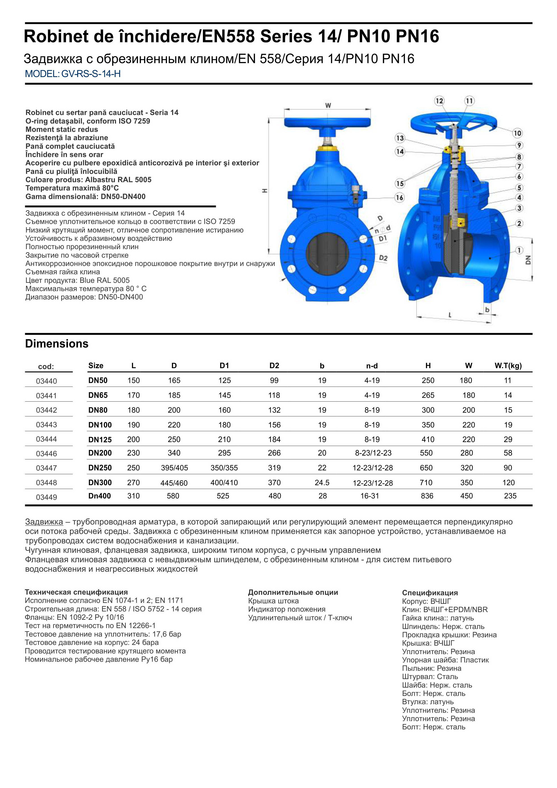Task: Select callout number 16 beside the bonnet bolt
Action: click(x=399, y=198)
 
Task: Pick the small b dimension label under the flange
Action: click(x=487, y=310)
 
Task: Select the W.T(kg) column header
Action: click(x=508, y=366)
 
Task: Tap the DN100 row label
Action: click(x=100, y=425)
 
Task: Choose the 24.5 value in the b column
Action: click(x=322, y=483)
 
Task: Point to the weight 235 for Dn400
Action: click(x=510, y=496)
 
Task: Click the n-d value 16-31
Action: click(x=370, y=496)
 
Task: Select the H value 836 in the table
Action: click(x=427, y=496)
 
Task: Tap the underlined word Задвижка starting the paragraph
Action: click(x=44, y=522)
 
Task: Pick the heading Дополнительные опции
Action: click(x=293, y=592)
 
